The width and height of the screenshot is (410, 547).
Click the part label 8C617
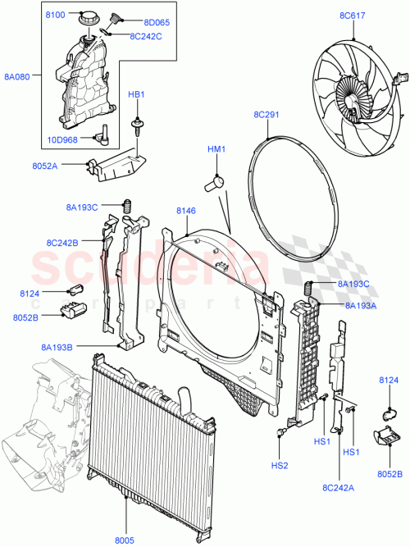tap(351, 16)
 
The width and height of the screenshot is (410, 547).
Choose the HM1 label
tap(216, 149)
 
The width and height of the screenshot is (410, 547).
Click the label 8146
tap(186, 212)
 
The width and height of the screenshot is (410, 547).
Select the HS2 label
tap(281, 465)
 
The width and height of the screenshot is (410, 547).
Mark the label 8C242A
tap(336, 489)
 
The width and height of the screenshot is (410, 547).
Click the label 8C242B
tap(62, 242)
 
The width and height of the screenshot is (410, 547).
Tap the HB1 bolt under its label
tap(135, 126)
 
